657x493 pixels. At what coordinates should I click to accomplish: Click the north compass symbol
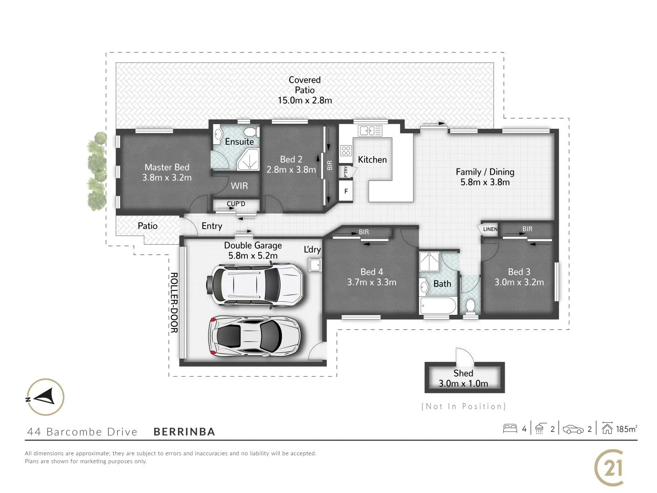coord(45,397)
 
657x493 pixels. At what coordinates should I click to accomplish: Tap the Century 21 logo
coord(610,468)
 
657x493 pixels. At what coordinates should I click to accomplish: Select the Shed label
coord(463,373)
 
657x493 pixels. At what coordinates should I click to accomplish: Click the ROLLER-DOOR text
coord(174,303)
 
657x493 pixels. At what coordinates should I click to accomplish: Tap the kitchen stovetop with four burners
coord(346,151)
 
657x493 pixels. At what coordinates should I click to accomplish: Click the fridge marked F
coord(346,191)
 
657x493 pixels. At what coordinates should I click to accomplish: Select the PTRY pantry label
coord(346,171)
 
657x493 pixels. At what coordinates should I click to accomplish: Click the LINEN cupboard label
coord(490,229)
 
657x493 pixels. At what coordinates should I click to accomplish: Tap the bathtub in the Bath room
coord(438,306)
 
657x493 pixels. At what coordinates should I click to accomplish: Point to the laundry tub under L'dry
coord(315,265)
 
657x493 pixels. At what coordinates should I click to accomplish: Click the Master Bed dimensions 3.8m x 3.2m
coord(167,178)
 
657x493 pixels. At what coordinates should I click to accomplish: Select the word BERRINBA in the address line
coord(184,432)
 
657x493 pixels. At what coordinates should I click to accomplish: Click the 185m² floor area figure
coord(626,429)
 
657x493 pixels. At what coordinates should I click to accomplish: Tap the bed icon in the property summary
coord(510,429)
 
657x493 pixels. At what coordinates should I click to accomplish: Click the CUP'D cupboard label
coord(236,204)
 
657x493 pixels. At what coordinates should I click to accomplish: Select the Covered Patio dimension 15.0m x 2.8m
coord(305,100)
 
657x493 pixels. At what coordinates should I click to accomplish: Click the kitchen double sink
coord(370,131)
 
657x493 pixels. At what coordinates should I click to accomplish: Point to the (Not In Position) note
coord(464,406)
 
